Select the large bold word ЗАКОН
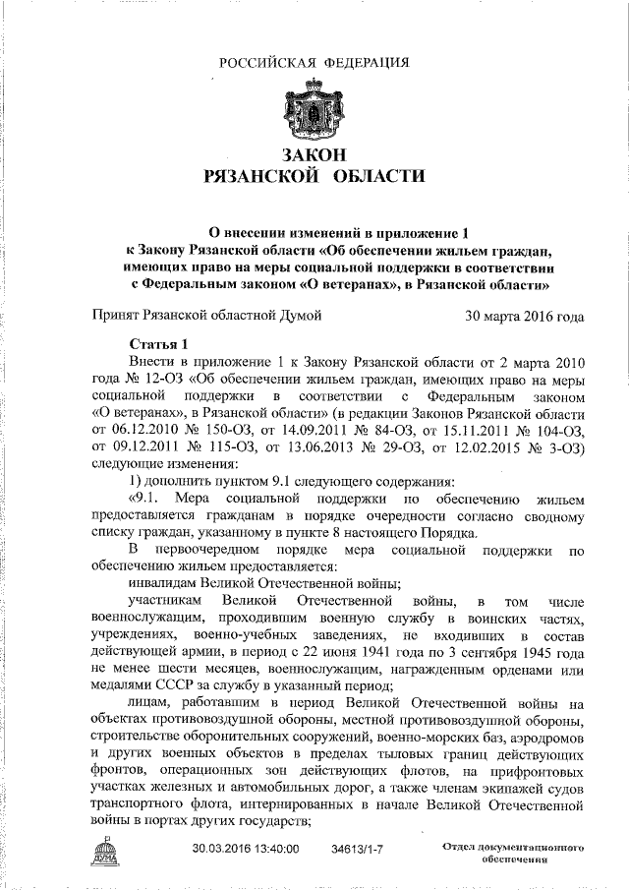pos(314,155)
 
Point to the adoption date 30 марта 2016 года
pos(524,317)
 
